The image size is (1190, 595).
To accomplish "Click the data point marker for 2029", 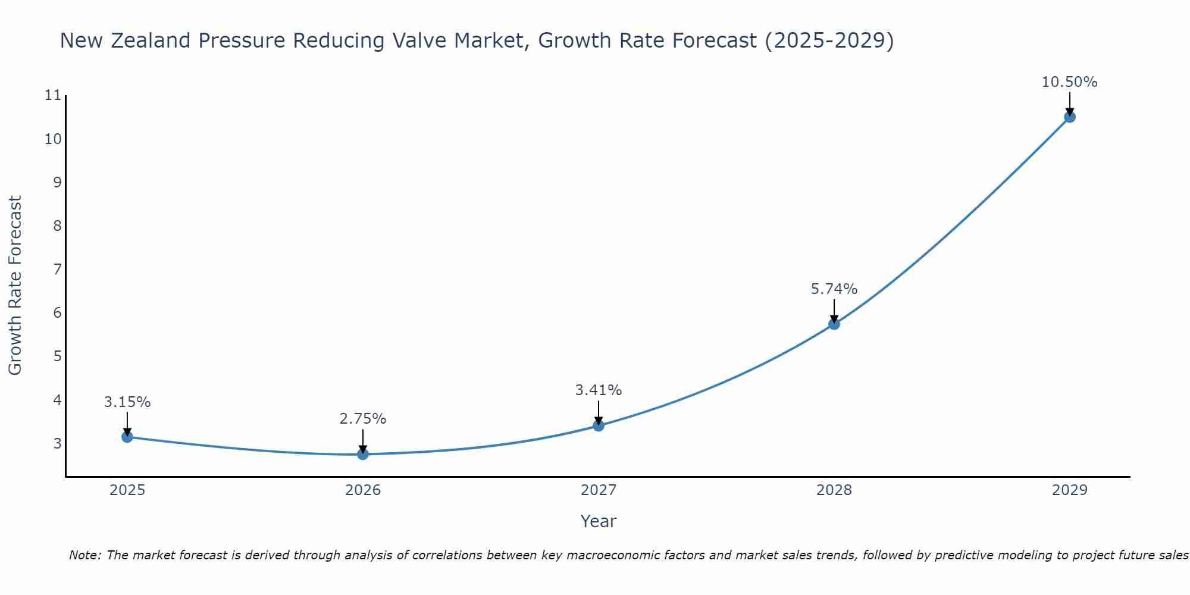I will [1069, 117].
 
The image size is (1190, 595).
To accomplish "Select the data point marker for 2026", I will [363, 454].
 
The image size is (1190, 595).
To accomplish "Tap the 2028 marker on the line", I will [834, 324].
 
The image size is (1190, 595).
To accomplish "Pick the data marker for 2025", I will [127, 437].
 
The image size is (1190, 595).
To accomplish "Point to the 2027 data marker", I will [599, 425].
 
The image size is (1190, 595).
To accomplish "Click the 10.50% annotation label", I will [1069, 82].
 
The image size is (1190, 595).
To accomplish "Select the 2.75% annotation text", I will [363, 419].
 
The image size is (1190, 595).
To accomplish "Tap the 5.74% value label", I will [834, 289].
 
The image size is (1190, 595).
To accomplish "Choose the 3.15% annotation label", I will [127, 402].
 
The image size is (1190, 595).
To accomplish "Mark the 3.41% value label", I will [599, 390].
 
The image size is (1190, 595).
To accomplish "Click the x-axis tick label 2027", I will [599, 490].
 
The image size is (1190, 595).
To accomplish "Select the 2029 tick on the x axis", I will [1069, 490].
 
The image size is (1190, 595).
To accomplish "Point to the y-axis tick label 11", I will [53, 95].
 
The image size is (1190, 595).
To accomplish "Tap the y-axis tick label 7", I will [57, 270].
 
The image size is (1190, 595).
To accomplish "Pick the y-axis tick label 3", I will [57, 443].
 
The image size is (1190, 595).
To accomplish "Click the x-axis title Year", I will [599, 521].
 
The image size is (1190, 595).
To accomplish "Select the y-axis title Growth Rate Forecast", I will [15, 286].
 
